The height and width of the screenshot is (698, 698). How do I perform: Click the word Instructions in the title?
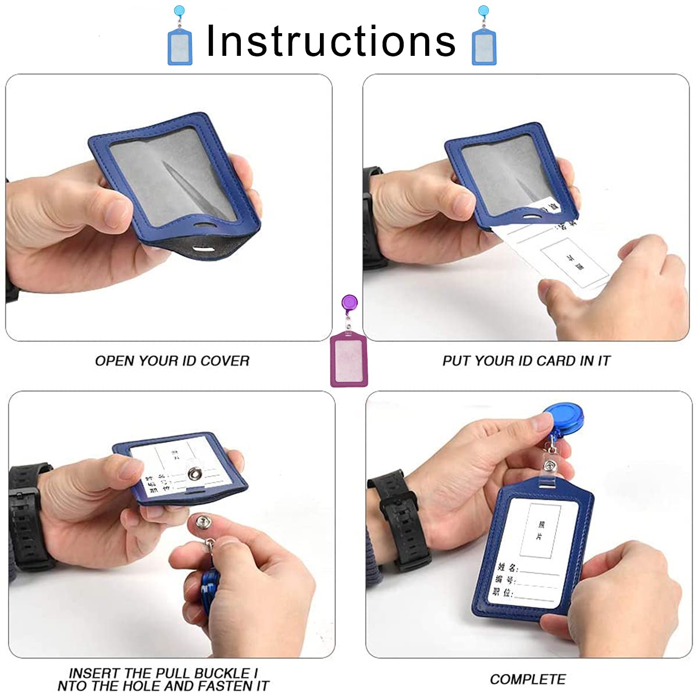331,41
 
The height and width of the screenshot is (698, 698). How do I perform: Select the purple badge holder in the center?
349,358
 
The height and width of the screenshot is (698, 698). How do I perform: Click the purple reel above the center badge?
349,303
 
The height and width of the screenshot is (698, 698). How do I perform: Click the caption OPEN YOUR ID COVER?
172,361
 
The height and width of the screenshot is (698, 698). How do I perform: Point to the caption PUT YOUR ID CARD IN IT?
526,361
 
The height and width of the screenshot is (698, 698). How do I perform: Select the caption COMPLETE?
528,679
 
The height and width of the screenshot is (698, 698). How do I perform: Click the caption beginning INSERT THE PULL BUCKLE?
163,679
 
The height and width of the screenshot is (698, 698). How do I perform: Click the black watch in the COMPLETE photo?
401,518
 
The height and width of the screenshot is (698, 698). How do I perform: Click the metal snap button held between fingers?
205,522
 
